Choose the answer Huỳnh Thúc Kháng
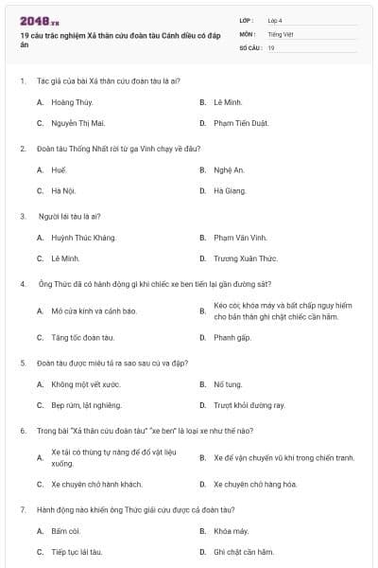tap(83, 237)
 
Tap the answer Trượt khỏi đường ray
tap(249, 405)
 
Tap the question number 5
tap(23, 363)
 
